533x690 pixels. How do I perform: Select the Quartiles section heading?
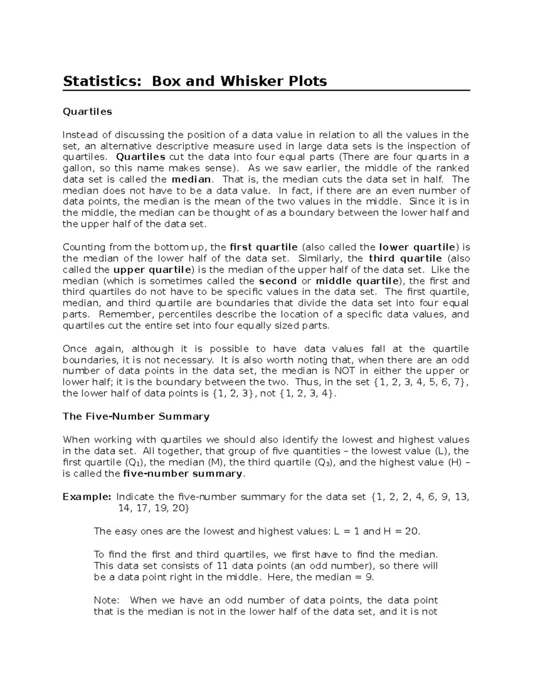(87, 112)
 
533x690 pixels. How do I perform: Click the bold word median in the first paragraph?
(191, 179)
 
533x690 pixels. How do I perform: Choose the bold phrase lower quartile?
(417, 247)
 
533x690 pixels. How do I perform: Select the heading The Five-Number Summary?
(136, 416)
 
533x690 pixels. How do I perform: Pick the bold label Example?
(87, 497)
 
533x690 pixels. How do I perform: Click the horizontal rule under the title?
(266, 91)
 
